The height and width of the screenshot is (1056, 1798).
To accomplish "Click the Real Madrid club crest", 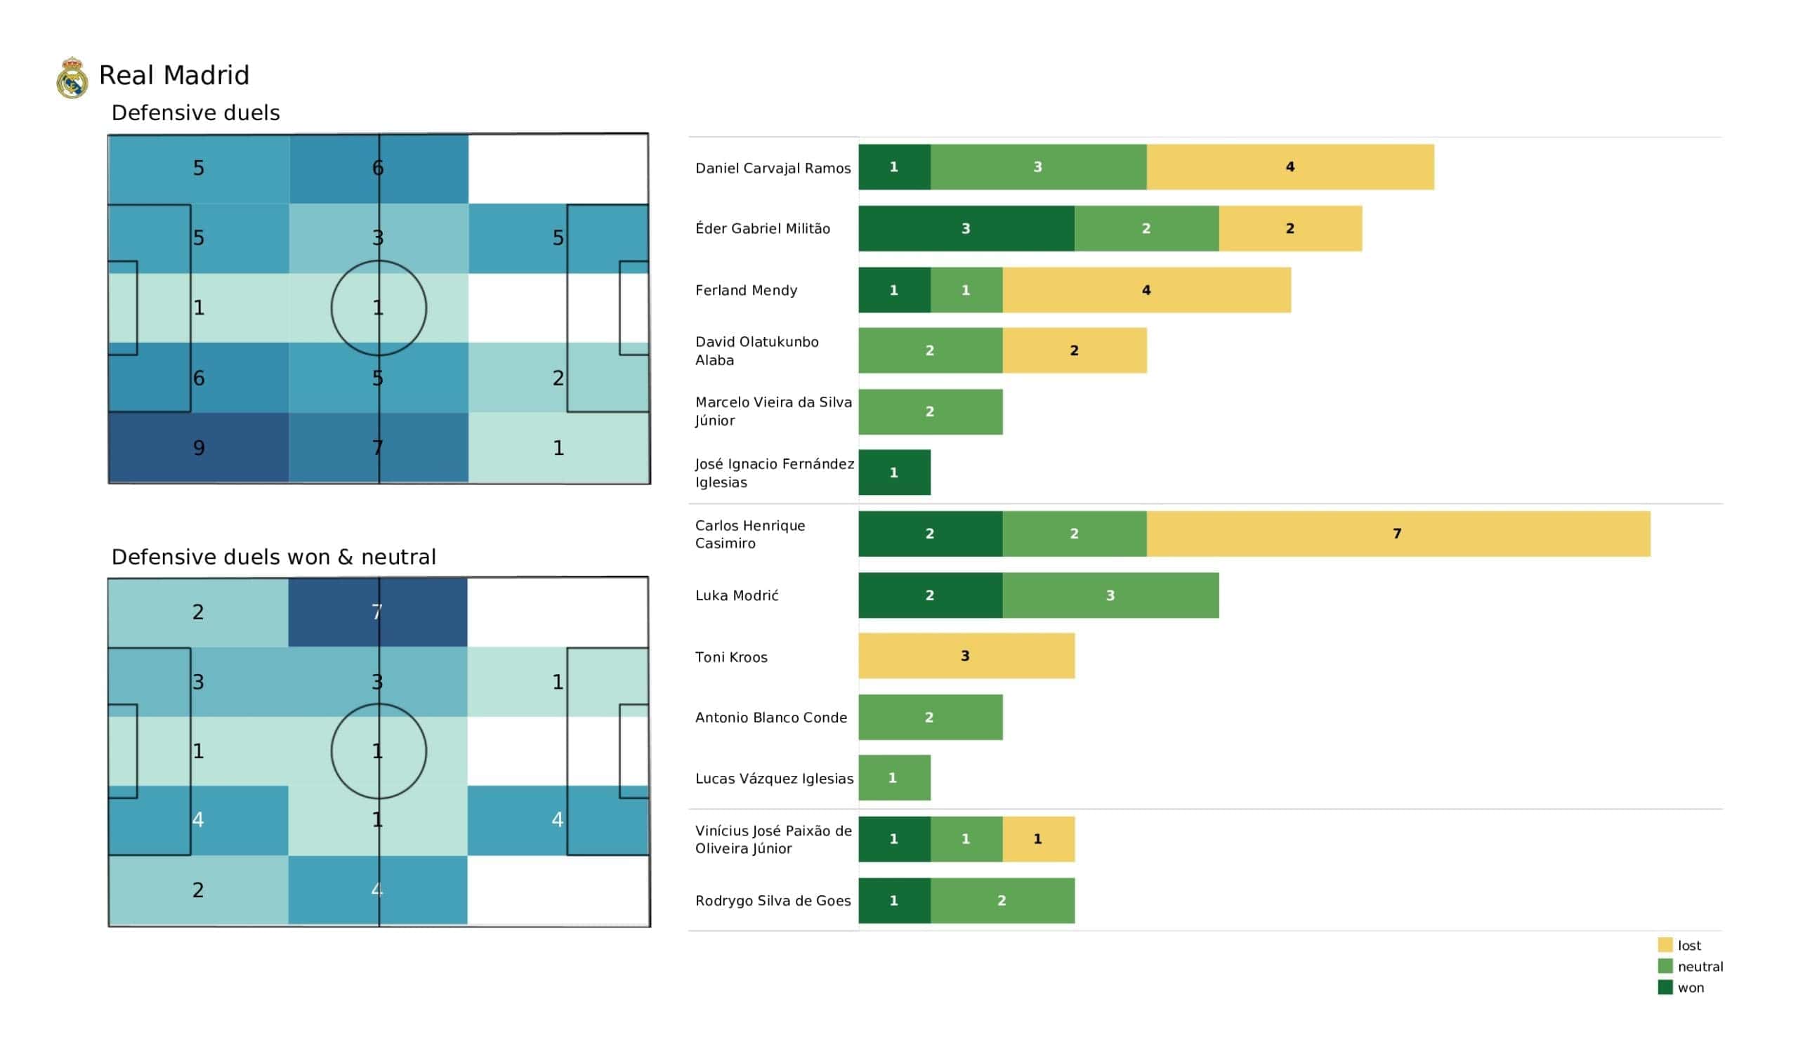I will (72, 78).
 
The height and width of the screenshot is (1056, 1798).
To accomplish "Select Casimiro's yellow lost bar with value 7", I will (1398, 534).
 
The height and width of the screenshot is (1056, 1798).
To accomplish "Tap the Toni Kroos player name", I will (731, 657).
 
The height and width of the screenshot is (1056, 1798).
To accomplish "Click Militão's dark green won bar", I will (966, 228).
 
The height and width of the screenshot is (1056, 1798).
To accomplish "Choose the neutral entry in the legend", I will (1690, 967).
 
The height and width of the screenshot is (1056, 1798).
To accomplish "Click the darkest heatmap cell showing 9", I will (198, 448).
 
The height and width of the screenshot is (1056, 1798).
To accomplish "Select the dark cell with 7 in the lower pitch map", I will (377, 612).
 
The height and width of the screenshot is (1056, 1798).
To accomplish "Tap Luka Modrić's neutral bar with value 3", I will (1110, 595).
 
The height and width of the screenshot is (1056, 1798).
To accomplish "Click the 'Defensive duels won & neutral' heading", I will (273, 557).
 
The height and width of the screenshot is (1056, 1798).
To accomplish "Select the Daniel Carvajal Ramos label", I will (773, 169).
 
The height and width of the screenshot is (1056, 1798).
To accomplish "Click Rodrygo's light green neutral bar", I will (1002, 900).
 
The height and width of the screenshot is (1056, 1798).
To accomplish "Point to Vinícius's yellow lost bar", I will (1038, 839).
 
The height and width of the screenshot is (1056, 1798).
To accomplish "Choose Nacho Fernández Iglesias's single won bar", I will (894, 473).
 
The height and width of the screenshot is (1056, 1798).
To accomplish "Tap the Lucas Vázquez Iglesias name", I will (774, 779).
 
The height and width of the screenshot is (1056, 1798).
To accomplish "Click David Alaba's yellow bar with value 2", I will (1074, 350).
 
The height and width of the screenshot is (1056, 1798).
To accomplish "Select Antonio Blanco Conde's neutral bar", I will (930, 717).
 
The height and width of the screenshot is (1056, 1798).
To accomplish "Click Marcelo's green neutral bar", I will (930, 411).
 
